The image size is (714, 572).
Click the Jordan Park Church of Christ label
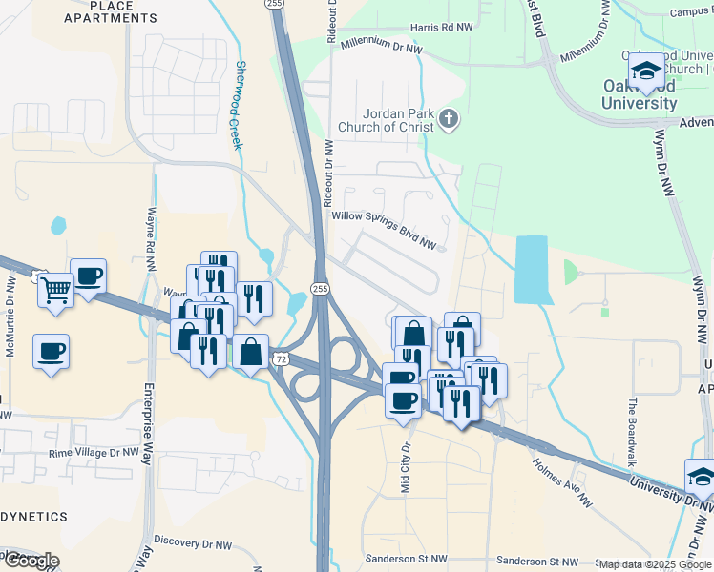[x=384, y=119]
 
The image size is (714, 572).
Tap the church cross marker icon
[x=449, y=120]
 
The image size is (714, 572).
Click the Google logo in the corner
[x=31, y=560]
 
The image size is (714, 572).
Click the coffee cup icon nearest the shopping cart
[x=89, y=276]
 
